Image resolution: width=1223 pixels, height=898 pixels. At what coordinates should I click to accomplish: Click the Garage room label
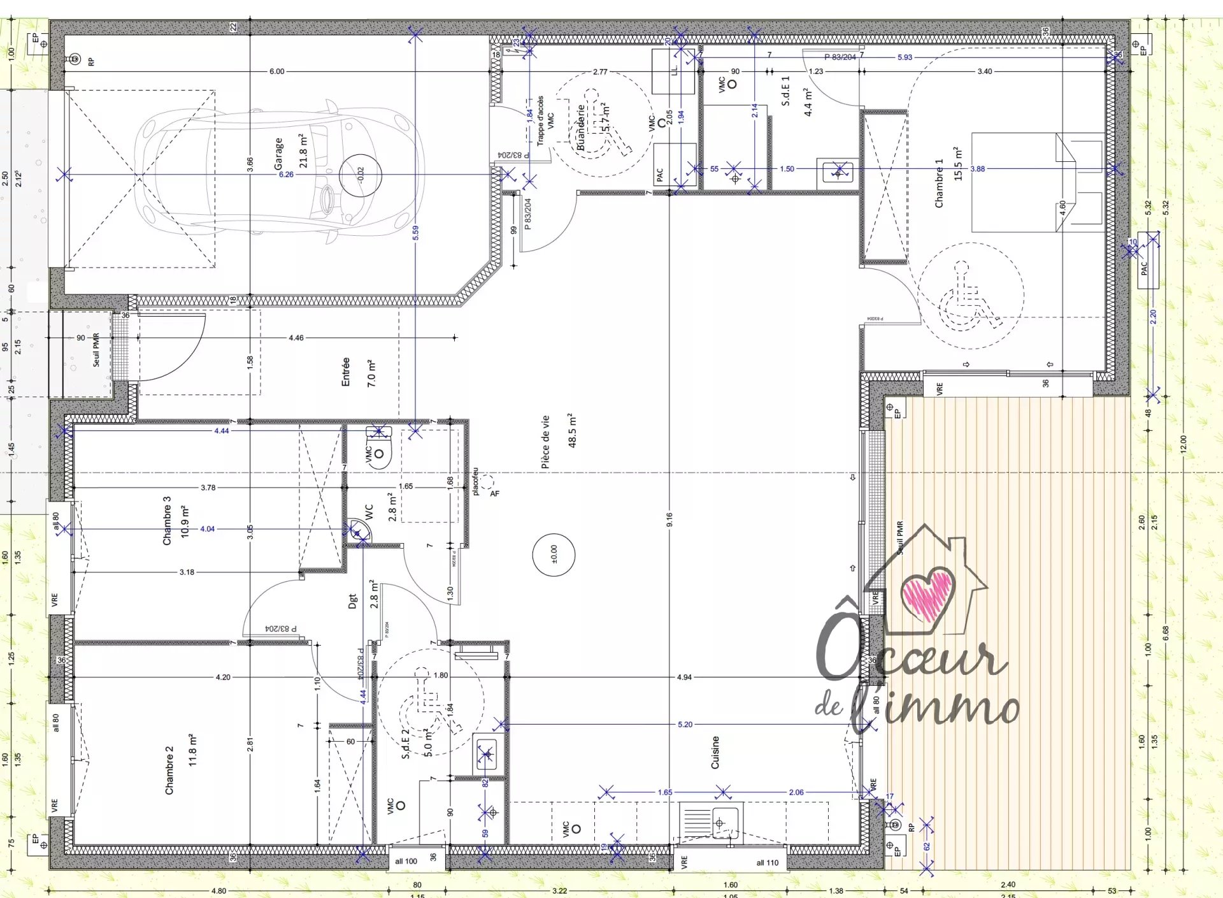(278, 154)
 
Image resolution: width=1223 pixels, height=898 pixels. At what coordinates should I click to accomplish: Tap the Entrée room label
(346, 372)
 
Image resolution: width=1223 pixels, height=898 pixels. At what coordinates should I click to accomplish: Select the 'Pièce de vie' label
(545, 442)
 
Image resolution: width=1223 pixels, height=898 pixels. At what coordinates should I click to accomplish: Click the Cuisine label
(715, 752)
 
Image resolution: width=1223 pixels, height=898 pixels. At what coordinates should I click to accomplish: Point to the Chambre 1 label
(939, 183)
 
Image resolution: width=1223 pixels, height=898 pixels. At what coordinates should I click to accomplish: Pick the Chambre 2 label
(169, 771)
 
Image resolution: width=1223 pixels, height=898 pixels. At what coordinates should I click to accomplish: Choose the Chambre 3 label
(167, 521)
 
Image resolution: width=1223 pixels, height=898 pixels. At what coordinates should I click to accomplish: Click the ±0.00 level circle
(554, 554)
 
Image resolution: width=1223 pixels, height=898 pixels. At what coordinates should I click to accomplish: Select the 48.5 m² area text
(572, 430)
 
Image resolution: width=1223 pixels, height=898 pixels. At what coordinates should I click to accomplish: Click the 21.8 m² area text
(303, 151)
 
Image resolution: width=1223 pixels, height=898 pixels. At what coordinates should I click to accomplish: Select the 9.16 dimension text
(669, 519)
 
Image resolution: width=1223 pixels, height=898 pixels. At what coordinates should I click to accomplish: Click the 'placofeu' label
(475, 482)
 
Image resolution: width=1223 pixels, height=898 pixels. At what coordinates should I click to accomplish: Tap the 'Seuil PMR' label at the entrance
(96, 350)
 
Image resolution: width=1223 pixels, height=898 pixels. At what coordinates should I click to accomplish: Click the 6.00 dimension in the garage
(276, 71)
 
